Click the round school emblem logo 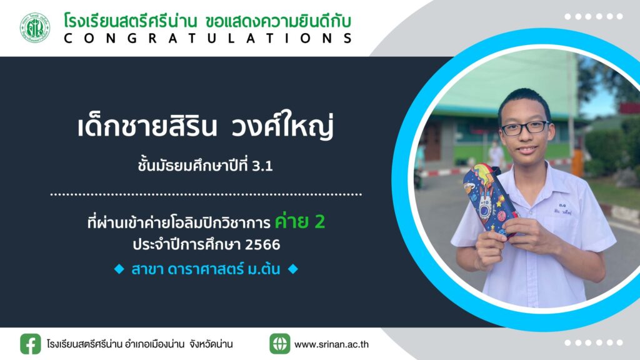35,27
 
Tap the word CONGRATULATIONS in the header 208,38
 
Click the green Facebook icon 31,344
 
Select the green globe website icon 280,344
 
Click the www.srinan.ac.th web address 331,344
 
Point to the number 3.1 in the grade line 262,166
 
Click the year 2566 262,244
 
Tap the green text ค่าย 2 300,221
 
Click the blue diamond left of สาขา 119,269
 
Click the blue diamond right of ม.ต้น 293,269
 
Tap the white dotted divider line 206,195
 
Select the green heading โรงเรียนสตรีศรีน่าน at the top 131,21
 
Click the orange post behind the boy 577,162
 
